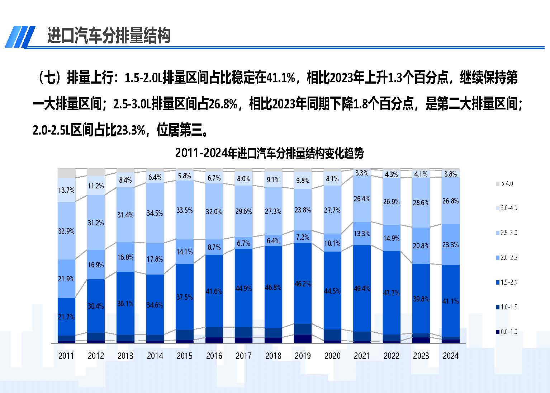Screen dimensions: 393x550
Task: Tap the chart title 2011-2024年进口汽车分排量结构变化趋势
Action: [269, 153]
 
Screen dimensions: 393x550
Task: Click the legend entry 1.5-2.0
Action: [507, 282]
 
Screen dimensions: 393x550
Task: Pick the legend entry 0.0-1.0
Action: [507, 332]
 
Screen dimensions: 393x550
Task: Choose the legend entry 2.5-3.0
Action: [507, 233]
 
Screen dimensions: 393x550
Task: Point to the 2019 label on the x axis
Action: [303, 356]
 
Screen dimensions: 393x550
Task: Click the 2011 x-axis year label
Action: [66, 356]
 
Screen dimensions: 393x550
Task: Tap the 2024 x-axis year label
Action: [450, 356]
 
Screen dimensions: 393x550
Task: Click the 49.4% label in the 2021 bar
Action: [362, 288]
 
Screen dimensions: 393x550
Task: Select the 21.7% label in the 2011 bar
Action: [66, 317]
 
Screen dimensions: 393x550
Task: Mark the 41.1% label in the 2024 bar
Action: [450, 301]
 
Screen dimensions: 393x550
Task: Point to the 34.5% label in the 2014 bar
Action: [155, 213]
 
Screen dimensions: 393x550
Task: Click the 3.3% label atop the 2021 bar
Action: [362, 173]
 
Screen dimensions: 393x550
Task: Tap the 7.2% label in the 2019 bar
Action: [303, 237]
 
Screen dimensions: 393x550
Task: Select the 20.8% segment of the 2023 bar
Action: [421, 246]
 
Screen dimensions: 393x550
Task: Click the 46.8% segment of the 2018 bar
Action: [273, 287]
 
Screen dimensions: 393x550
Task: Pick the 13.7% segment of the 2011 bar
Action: [66, 190]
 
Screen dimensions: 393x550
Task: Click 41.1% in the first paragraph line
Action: [281, 78]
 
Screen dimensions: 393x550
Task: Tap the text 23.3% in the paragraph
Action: [131, 130]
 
